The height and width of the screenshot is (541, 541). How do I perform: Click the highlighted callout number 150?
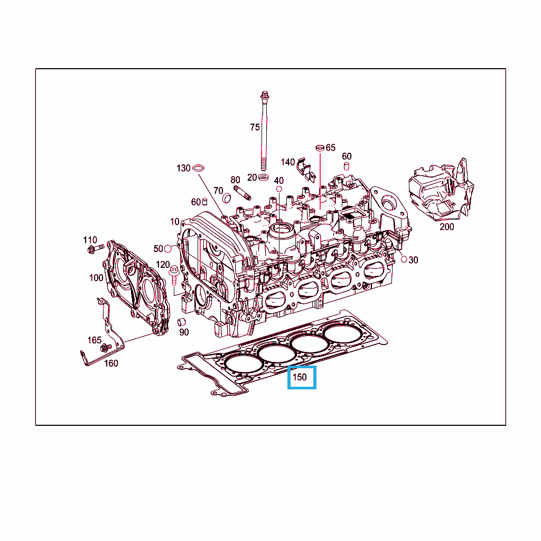coord(300,377)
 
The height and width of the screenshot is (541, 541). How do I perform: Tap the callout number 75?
coord(255,127)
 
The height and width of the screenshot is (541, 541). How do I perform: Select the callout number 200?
coord(446,227)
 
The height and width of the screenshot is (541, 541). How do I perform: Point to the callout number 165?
coord(94,340)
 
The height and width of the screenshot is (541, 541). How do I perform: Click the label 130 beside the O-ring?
coord(183,168)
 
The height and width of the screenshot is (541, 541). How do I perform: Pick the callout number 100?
coord(96,278)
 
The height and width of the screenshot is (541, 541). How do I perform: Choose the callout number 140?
coord(287,162)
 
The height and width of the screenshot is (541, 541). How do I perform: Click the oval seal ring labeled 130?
coord(199,168)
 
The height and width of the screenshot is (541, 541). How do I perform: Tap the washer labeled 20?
coord(264,178)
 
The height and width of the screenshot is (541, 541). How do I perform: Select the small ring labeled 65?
coord(320,148)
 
